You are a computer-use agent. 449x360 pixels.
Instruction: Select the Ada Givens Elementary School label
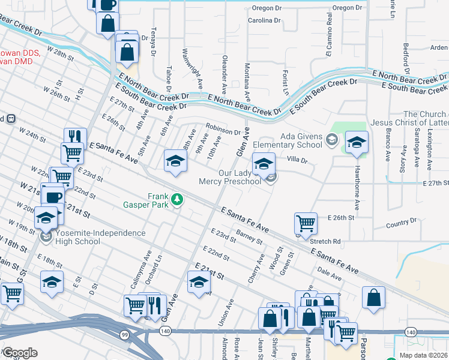288,140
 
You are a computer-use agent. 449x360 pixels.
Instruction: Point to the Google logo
19,353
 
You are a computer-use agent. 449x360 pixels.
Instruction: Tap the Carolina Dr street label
264,20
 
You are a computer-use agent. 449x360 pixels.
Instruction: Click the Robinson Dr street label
223,129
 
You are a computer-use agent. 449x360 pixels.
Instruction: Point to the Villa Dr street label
297,160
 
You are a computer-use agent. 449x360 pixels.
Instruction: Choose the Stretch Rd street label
326,241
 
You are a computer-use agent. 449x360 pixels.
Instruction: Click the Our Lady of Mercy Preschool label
231,177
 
